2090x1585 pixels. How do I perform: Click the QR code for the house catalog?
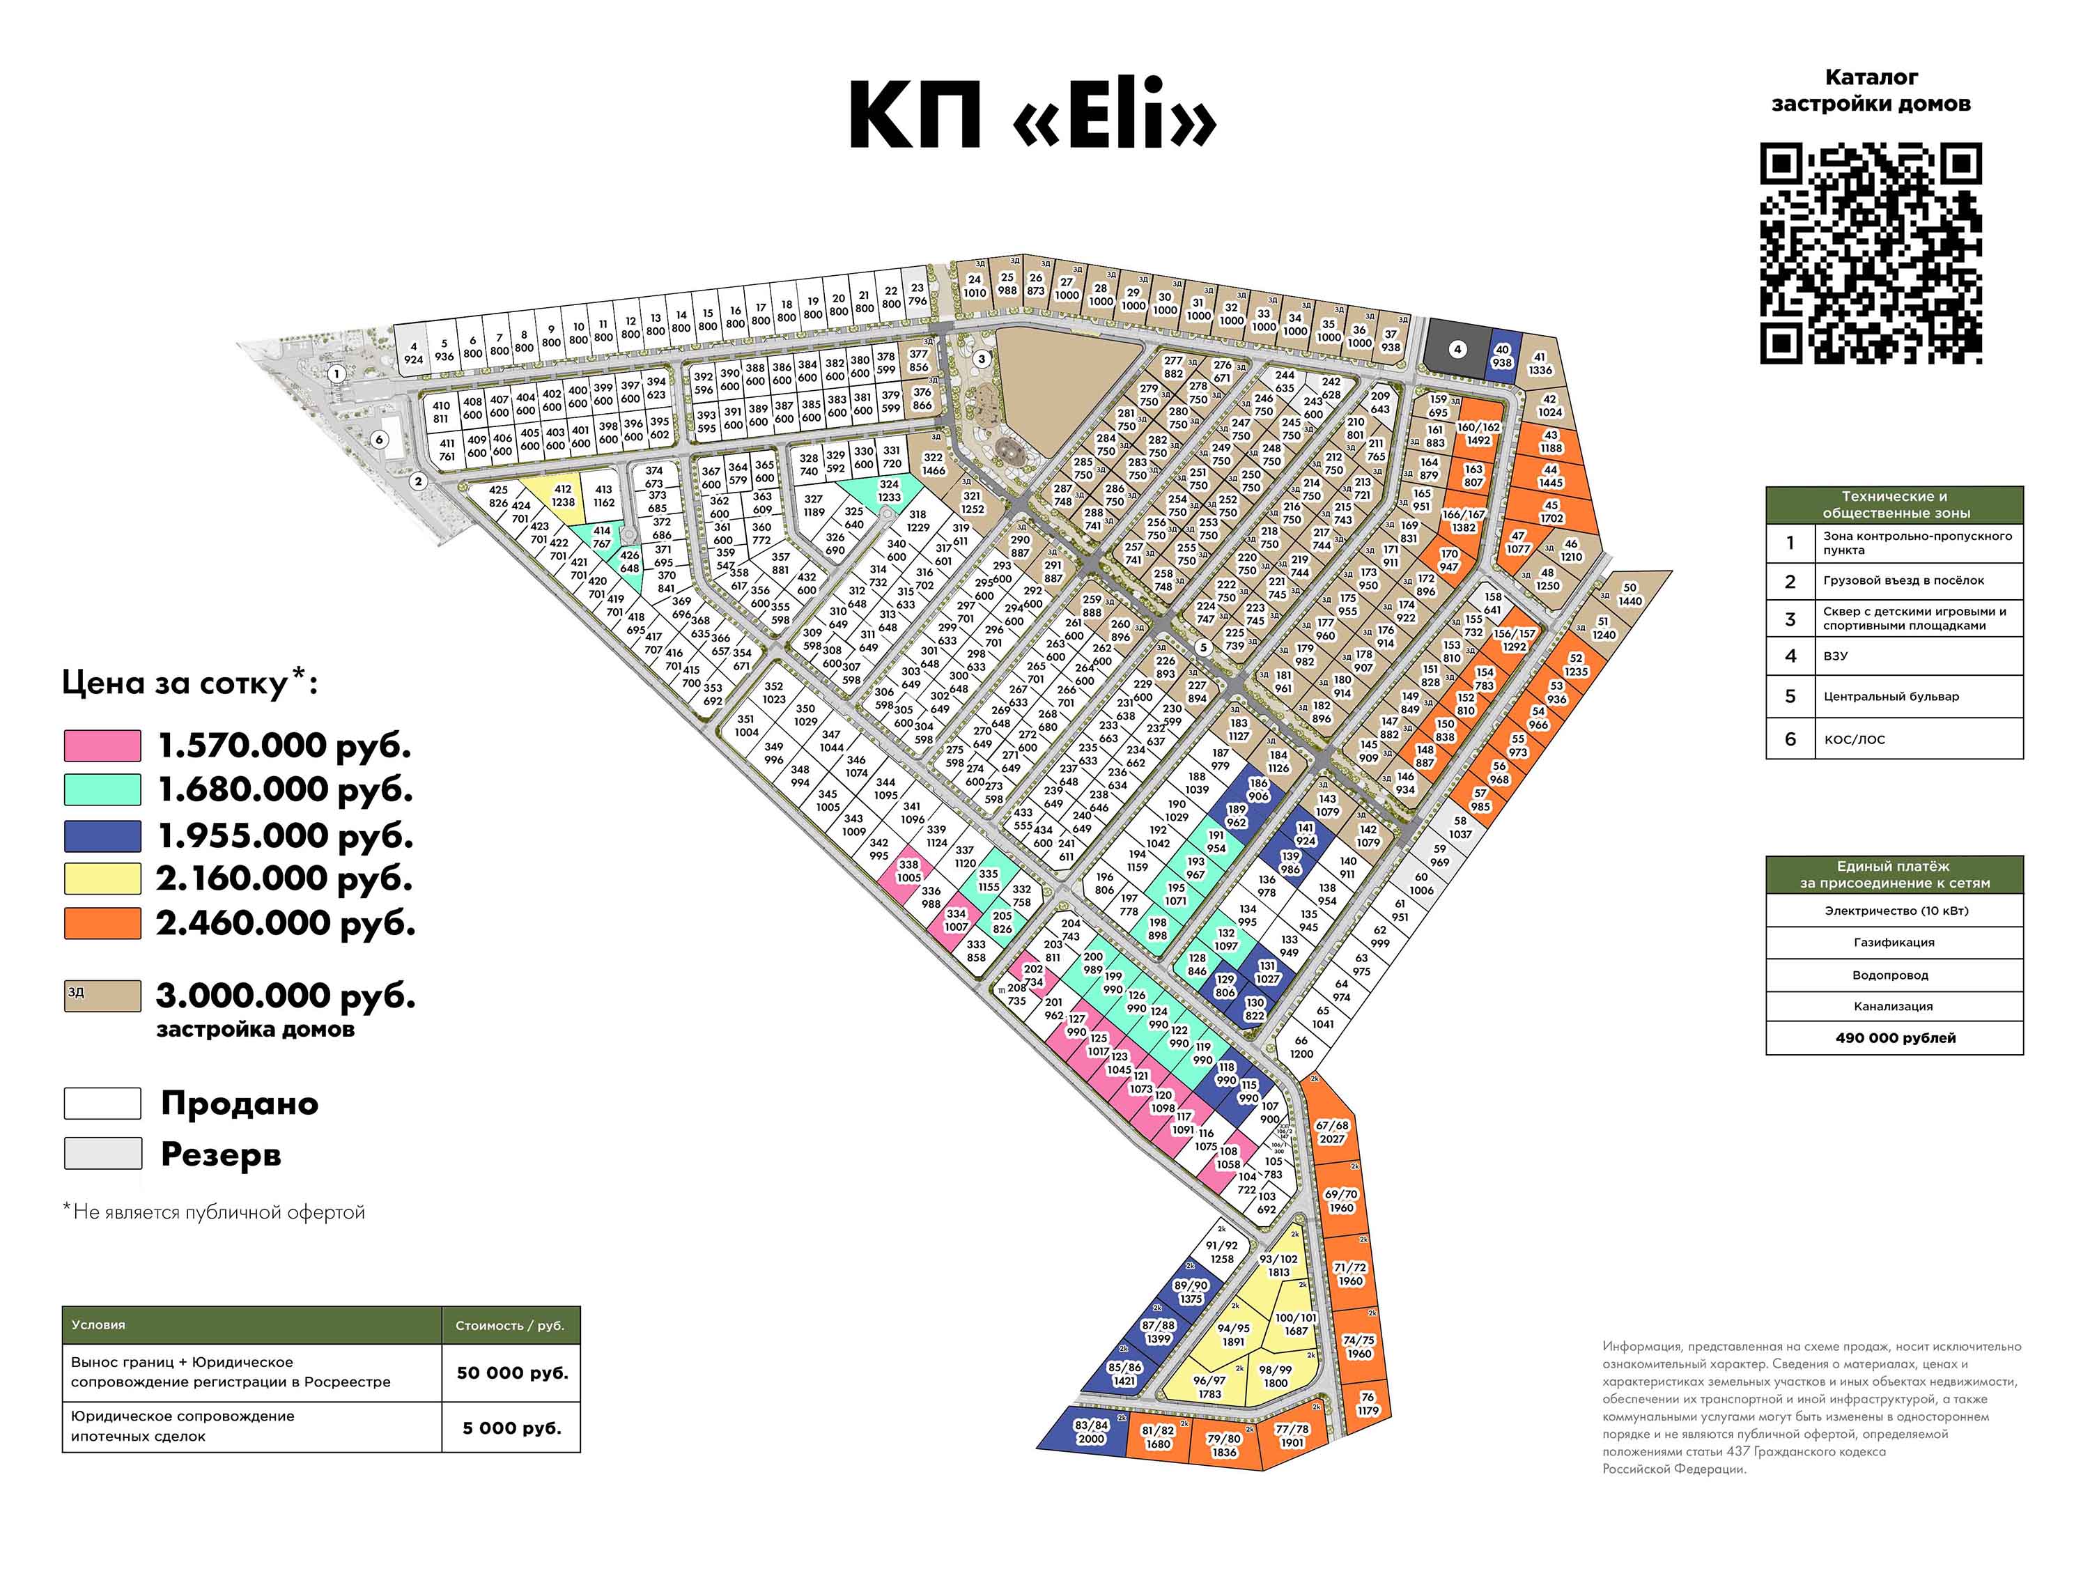pyautogui.click(x=1870, y=254)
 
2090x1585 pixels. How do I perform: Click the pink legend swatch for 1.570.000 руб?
pyautogui.click(x=102, y=745)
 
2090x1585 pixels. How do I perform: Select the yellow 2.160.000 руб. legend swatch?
pyautogui.click(x=102, y=878)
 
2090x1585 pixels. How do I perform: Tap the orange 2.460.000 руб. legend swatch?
pyautogui.click(x=102, y=922)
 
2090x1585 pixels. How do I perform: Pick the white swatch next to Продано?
pyautogui.click(x=102, y=1103)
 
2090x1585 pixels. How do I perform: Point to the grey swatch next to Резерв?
pyautogui.click(x=102, y=1153)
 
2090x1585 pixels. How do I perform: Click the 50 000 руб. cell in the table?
pyautogui.click(x=511, y=1373)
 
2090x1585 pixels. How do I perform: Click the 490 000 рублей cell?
pyautogui.click(x=1894, y=1038)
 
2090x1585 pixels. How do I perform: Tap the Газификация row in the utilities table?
pyautogui.click(x=1894, y=943)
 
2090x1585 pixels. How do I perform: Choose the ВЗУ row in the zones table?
pyautogui.click(x=1894, y=656)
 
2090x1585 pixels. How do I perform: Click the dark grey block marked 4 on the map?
pyautogui.click(x=1456, y=350)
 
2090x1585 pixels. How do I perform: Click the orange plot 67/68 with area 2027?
pyautogui.click(x=1331, y=1132)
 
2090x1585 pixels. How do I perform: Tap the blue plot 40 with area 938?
pyautogui.click(x=1501, y=355)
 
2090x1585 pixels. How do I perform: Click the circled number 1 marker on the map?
pyautogui.click(x=335, y=374)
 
